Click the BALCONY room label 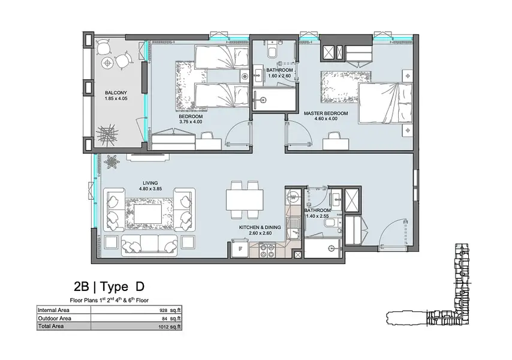[x=116, y=93]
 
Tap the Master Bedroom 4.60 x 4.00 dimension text [x=326, y=119]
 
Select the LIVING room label [x=150, y=183]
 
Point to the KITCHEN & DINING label [x=260, y=227]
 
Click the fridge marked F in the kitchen [x=240, y=248]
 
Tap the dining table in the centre [x=245, y=200]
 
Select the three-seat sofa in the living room [x=149, y=245]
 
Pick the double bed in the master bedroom [x=385, y=103]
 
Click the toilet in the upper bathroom [x=272, y=50]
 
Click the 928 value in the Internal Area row [x=164, y=311]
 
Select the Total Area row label [x=51, y=326]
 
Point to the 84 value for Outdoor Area [x=164, y=319]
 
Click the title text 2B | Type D [x=109, y=286]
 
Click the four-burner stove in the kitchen [x=267, y=250]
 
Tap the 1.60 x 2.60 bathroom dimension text [x=279, y=76]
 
